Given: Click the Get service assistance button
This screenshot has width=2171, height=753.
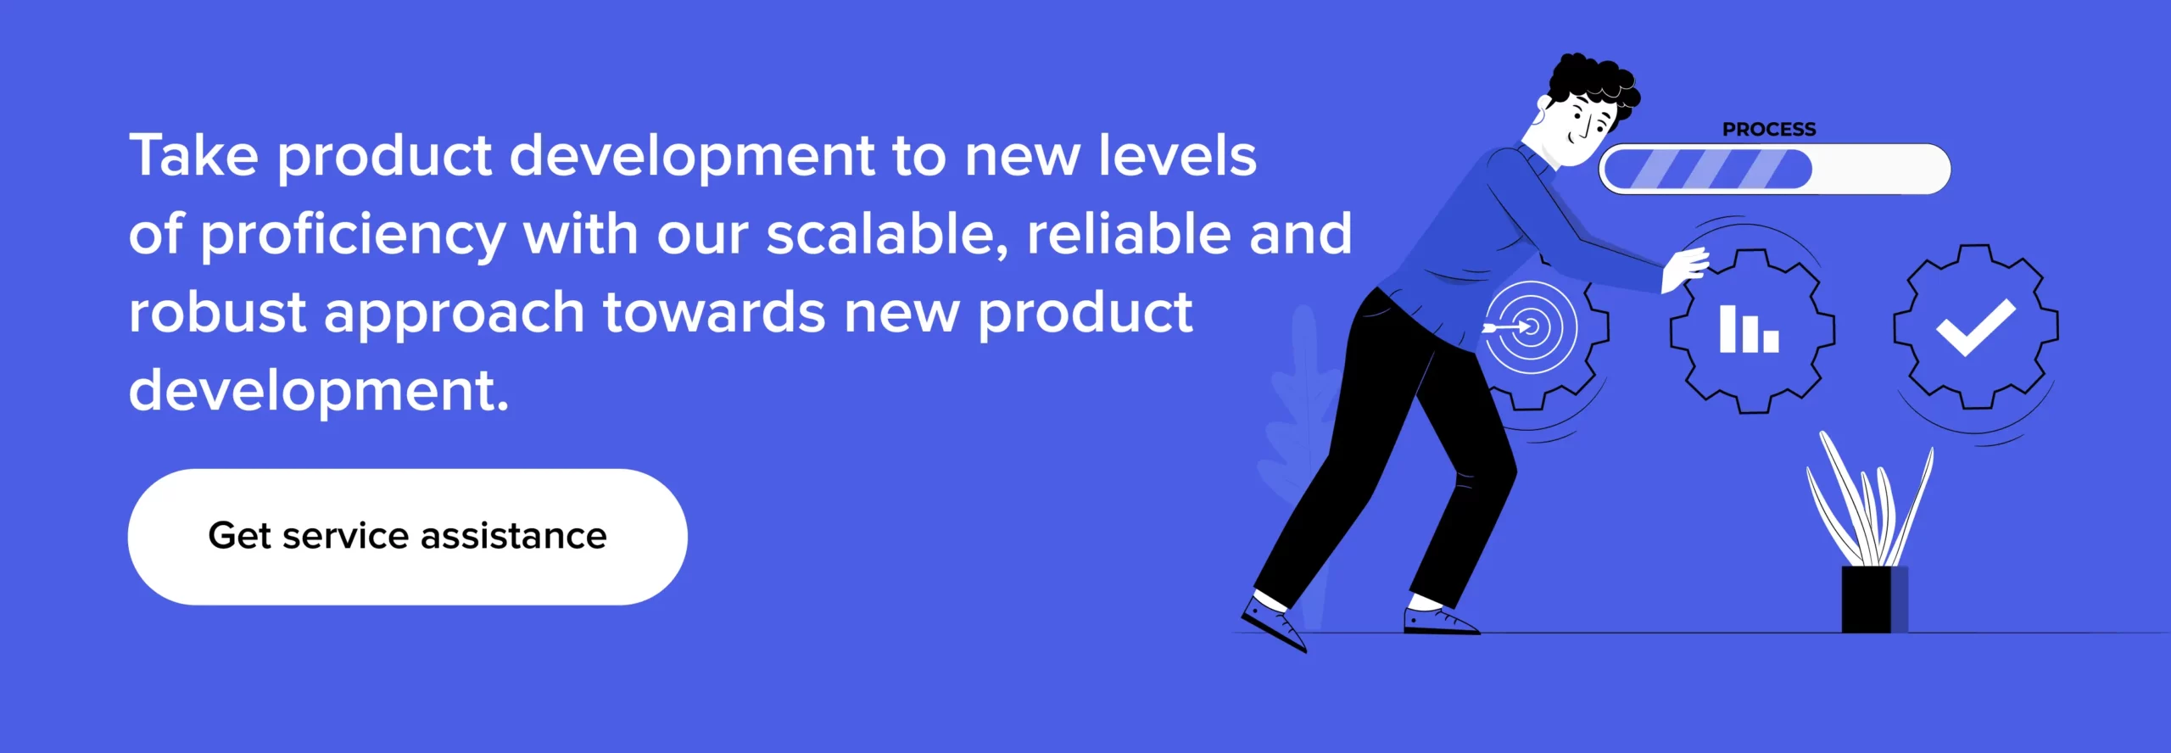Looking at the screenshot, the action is pyautogui.click(x=407, y=537).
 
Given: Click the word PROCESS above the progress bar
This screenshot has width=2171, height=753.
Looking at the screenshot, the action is pyautogui.click(x=1769, y=130).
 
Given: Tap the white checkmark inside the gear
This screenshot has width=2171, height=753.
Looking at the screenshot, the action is pyautogui.click(x=1976, y=327).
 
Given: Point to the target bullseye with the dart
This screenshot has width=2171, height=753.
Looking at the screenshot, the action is pyautogui.click(x=1530, y=326).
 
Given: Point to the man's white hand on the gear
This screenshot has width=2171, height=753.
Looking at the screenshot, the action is pyautogui.click(x=1683, y=271).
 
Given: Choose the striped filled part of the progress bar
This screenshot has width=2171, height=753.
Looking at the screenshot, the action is pyautogui.click(x=1706, y=169).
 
